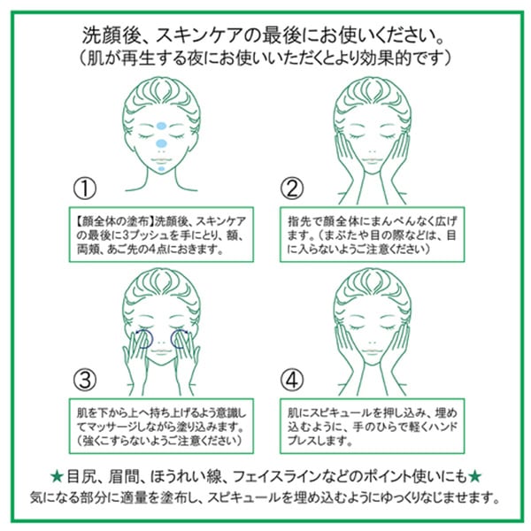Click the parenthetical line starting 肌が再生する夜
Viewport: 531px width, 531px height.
click(265, 59)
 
